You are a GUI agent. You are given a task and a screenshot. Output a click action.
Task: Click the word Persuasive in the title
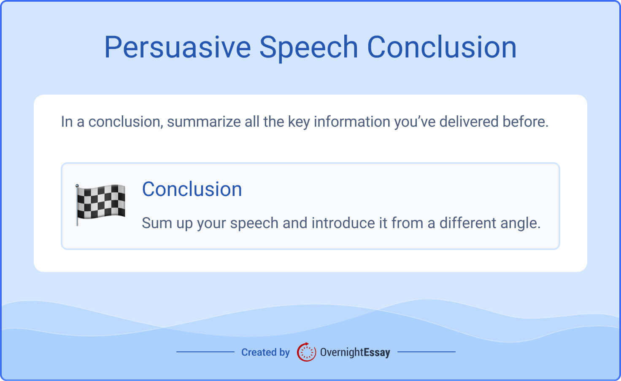177,47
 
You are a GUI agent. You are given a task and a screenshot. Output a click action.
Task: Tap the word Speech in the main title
308,47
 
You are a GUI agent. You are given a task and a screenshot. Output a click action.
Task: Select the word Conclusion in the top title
442,47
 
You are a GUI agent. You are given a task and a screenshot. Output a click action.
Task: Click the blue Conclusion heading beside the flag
192,189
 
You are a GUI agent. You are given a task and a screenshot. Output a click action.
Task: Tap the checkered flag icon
102,202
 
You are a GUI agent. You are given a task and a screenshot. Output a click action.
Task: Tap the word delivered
469,122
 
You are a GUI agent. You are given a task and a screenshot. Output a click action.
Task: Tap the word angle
520,223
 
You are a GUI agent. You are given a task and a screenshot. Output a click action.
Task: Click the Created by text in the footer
265,352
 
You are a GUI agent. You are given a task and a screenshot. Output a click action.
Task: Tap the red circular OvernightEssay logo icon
306,352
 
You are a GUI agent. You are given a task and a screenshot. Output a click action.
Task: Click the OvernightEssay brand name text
355,352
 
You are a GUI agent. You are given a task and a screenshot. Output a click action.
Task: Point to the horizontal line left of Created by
205,351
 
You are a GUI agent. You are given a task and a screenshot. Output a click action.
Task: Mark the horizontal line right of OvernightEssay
427,351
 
